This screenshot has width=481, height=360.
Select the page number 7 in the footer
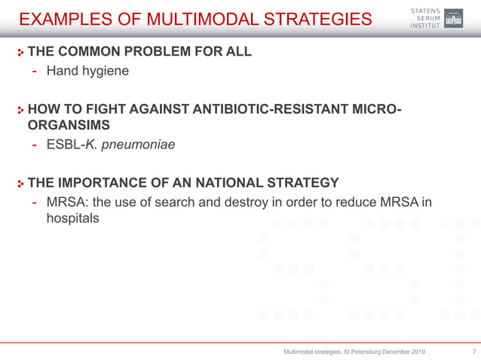[473, 352]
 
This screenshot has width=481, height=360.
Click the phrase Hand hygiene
[87, 72]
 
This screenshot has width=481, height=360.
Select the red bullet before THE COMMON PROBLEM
[21, 53]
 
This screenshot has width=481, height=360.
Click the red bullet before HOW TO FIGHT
[21, 111]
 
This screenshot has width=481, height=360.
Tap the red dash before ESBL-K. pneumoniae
[35, 144]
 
